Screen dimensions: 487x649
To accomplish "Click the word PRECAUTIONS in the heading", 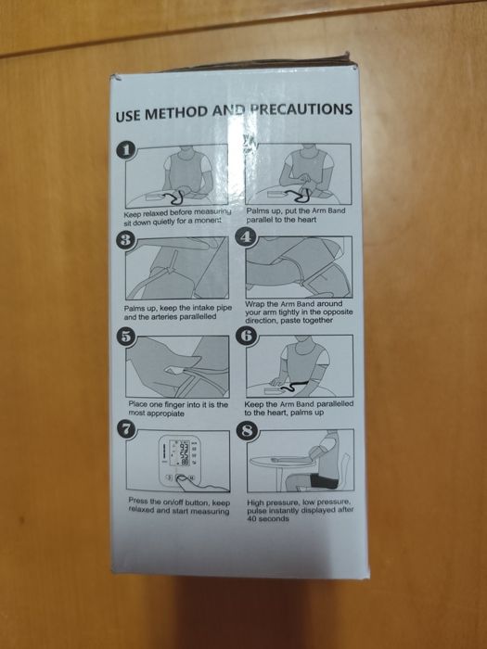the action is point(301,109).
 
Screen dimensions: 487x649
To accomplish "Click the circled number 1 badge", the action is point(126,150).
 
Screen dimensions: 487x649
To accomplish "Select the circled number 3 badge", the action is point(125,240).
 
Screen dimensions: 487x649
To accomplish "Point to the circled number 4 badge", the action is point(246,237).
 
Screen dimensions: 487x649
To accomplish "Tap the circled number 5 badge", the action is point(126,337).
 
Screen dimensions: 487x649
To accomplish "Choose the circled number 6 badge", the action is point(247,335).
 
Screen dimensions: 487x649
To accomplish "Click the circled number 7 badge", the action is point(127,429).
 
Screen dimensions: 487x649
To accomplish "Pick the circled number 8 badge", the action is point(248,431).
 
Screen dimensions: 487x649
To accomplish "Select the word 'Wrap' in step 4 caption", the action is point(255,304).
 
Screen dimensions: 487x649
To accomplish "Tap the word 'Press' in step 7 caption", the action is point(138,501).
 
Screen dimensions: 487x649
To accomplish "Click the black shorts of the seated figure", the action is point(324,480).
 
